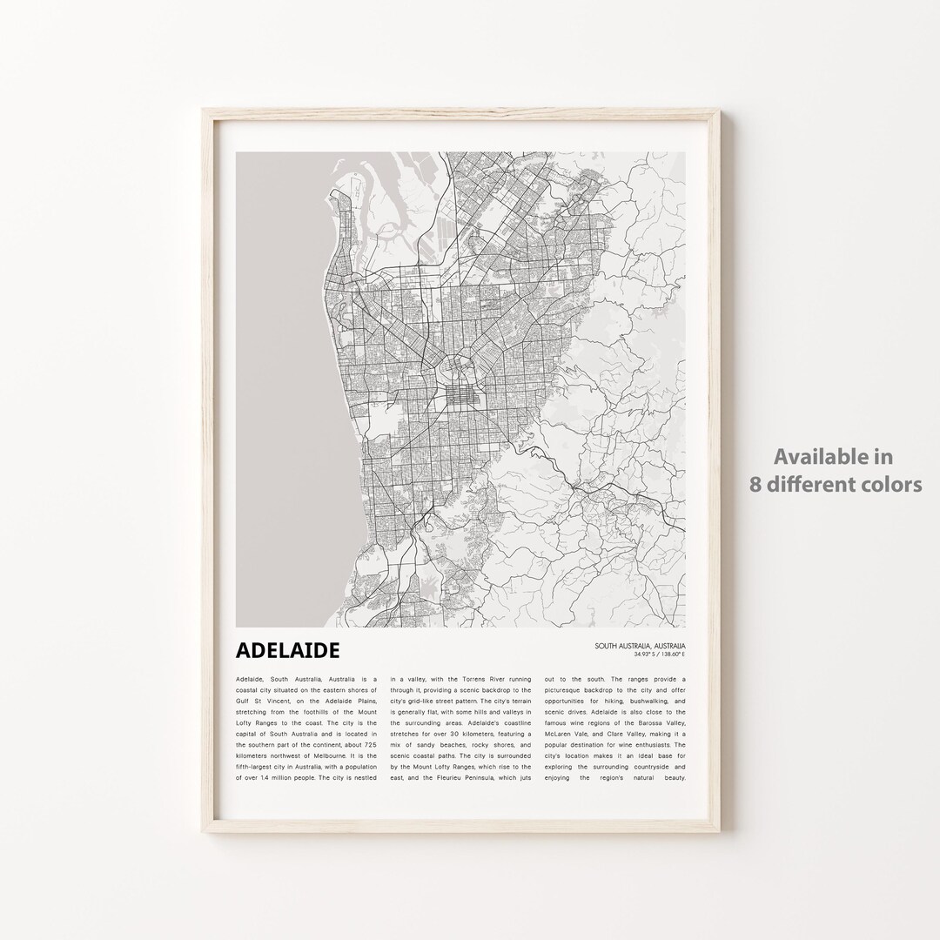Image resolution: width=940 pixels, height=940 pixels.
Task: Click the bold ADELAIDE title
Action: (287, 650)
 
